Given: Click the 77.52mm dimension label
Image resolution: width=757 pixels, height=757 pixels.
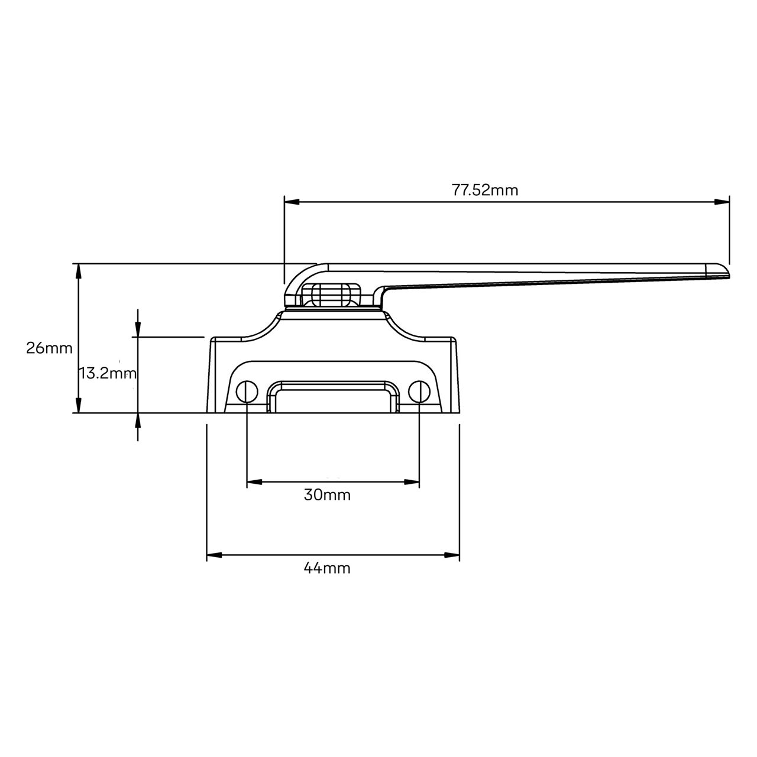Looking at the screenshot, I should [485, 190].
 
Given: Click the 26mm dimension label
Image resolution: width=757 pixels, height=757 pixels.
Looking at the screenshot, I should [49, 348].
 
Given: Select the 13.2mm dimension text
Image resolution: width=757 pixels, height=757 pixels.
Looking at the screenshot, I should [108, 373].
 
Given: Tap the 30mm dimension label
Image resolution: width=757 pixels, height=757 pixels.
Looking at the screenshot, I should [327, 495].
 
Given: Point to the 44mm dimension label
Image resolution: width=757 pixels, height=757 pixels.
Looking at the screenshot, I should [327, 568].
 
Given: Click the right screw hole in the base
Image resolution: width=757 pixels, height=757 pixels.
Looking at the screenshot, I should [419, 391].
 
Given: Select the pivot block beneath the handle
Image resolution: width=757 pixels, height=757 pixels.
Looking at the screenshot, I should [331, 294].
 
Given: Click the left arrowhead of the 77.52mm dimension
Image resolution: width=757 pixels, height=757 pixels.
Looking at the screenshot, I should [291, 202].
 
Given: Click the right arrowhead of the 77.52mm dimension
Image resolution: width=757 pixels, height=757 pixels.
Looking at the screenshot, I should [722, 202].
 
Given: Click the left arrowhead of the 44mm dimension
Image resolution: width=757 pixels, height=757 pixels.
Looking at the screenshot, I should [213, 555].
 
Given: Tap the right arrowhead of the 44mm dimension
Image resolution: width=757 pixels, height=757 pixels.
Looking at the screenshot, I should [452, 555].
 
